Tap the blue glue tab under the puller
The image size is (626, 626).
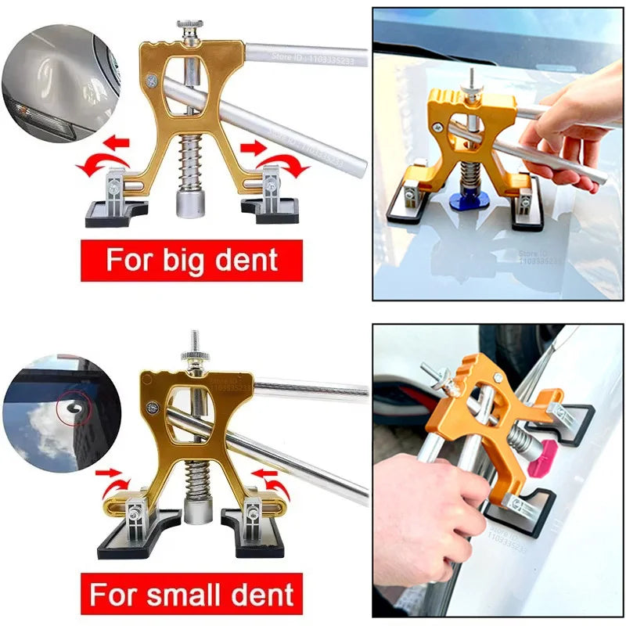469,201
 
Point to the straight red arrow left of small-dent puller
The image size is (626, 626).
110,473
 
